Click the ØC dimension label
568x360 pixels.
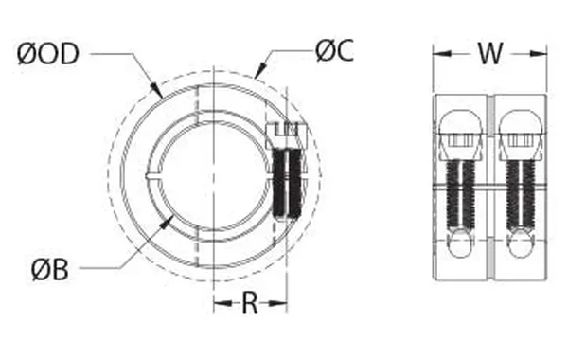tap(334, 52)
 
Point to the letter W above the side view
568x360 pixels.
tap(489, 54)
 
